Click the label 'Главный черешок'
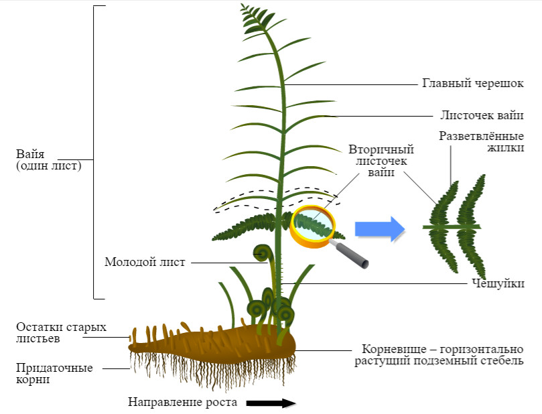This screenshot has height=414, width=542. point(472,84)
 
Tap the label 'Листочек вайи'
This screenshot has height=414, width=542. point(482,115)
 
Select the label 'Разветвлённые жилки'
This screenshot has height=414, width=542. point(481,141)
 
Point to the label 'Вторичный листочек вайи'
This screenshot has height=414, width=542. point(381,161)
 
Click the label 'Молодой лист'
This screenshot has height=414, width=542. point(144,262)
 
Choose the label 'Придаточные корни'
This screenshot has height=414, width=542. point(55,374)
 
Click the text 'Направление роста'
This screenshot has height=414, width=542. point(183,403)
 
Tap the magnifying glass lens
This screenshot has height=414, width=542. point(313,226)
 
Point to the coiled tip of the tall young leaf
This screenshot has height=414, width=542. point(262,253)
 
